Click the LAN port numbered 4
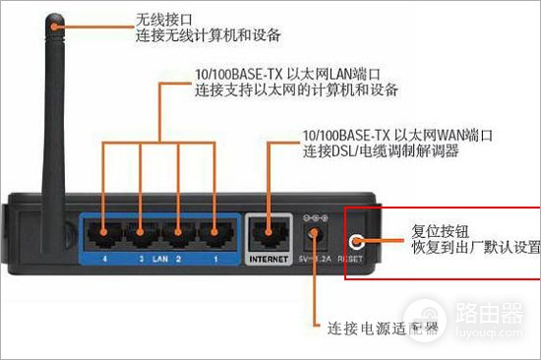tap(101, 235)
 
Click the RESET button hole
tap(356, 239)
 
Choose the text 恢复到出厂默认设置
tap(476, 250)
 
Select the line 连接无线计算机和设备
tap(209, 36)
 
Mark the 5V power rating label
tap(315, 260)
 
